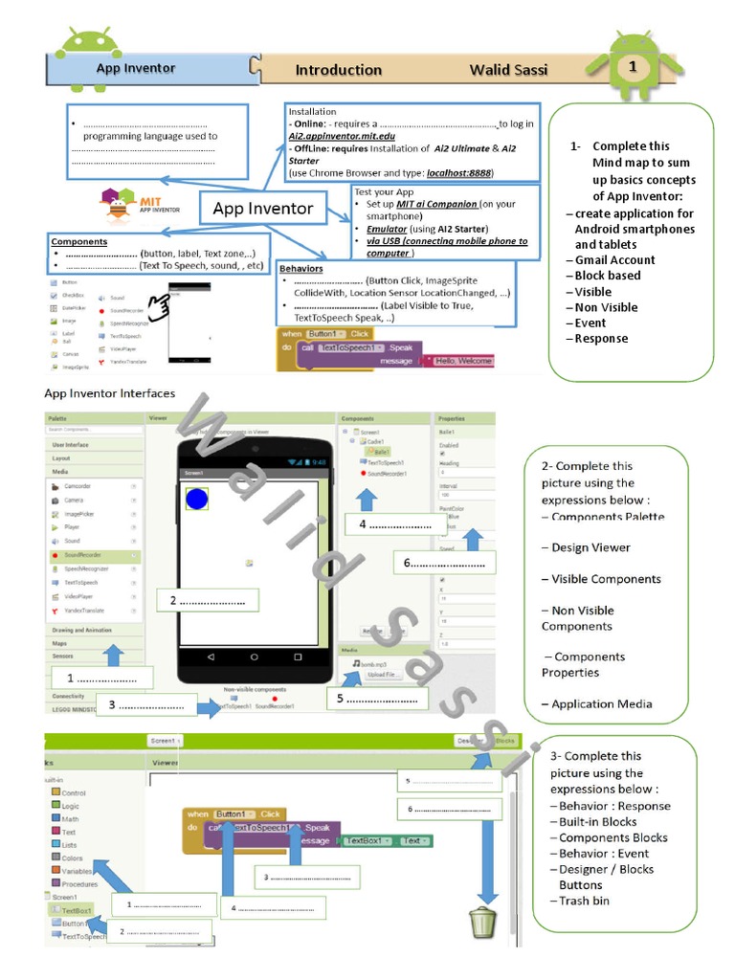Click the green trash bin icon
482,924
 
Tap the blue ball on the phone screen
197,498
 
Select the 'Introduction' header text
338,70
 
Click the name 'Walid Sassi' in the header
508,70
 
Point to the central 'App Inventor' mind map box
262,209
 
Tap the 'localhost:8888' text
459,173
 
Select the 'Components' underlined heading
79,242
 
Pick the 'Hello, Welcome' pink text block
464,361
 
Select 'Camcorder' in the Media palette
78,486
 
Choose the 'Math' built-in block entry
70,819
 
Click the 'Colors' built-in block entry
72,858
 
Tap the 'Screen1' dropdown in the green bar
165,741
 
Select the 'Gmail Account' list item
614,260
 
